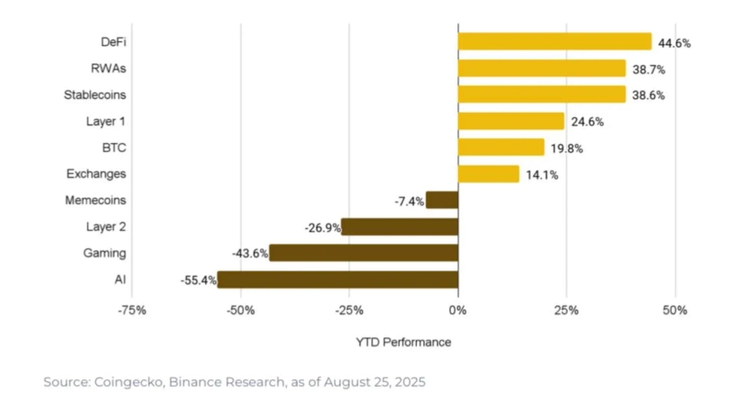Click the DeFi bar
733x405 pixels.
tap(554, 42)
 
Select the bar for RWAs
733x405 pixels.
tap(542, 69)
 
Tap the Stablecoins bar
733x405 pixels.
tap(542, 94)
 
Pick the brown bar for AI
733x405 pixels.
tap(337, 279)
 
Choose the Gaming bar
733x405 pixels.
tap(363, 253)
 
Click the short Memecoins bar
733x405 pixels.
tap(442, 200)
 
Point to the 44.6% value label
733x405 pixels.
tap(674, 43)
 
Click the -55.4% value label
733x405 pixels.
tap(198, 279)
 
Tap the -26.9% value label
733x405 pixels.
tap(322, 227)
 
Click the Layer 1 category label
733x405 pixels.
tap(107, 121)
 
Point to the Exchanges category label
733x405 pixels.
tap(96, 173)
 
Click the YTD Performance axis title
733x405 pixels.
tap(403, 342)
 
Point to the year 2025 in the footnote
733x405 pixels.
tap(407, 380)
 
